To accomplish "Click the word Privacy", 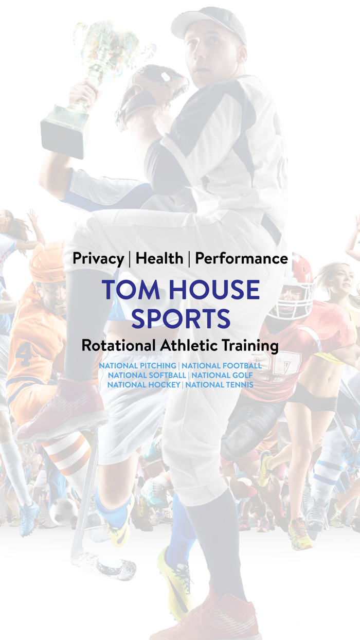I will tap(98, 258).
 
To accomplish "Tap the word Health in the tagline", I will tap(159, 258).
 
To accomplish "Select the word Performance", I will tap(241, 258).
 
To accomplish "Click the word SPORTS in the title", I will tap(181, 319).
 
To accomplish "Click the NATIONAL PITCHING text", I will tap(137, 366).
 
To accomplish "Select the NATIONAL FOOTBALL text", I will tap(221, 366).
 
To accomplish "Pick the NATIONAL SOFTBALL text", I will tap(147, 375).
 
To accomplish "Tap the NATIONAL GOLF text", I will tap(222, 375).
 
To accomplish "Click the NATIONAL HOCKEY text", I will tap(143, 384).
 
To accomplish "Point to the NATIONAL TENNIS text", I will tap(219, 384).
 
